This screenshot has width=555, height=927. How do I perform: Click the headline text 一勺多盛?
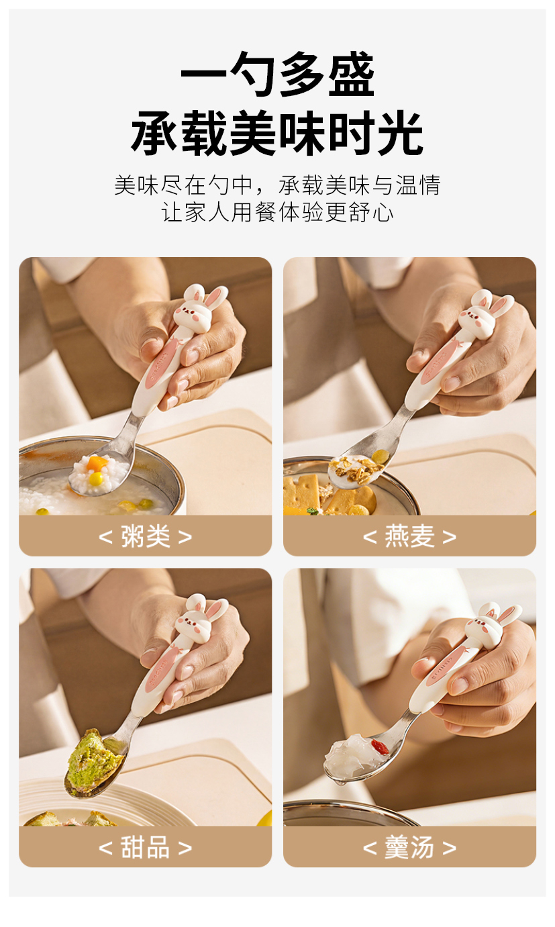point(277,75)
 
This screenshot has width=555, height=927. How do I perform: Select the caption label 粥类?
point(145,536)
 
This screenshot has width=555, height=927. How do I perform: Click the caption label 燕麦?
point(410,536)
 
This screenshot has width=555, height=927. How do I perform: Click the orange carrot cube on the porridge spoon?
point(97,463)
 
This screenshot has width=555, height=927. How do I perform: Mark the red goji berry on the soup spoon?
point(380,746)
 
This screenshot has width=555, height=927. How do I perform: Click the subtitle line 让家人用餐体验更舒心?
point(277,212)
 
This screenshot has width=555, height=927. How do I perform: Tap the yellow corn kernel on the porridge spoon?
point(96,479)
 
